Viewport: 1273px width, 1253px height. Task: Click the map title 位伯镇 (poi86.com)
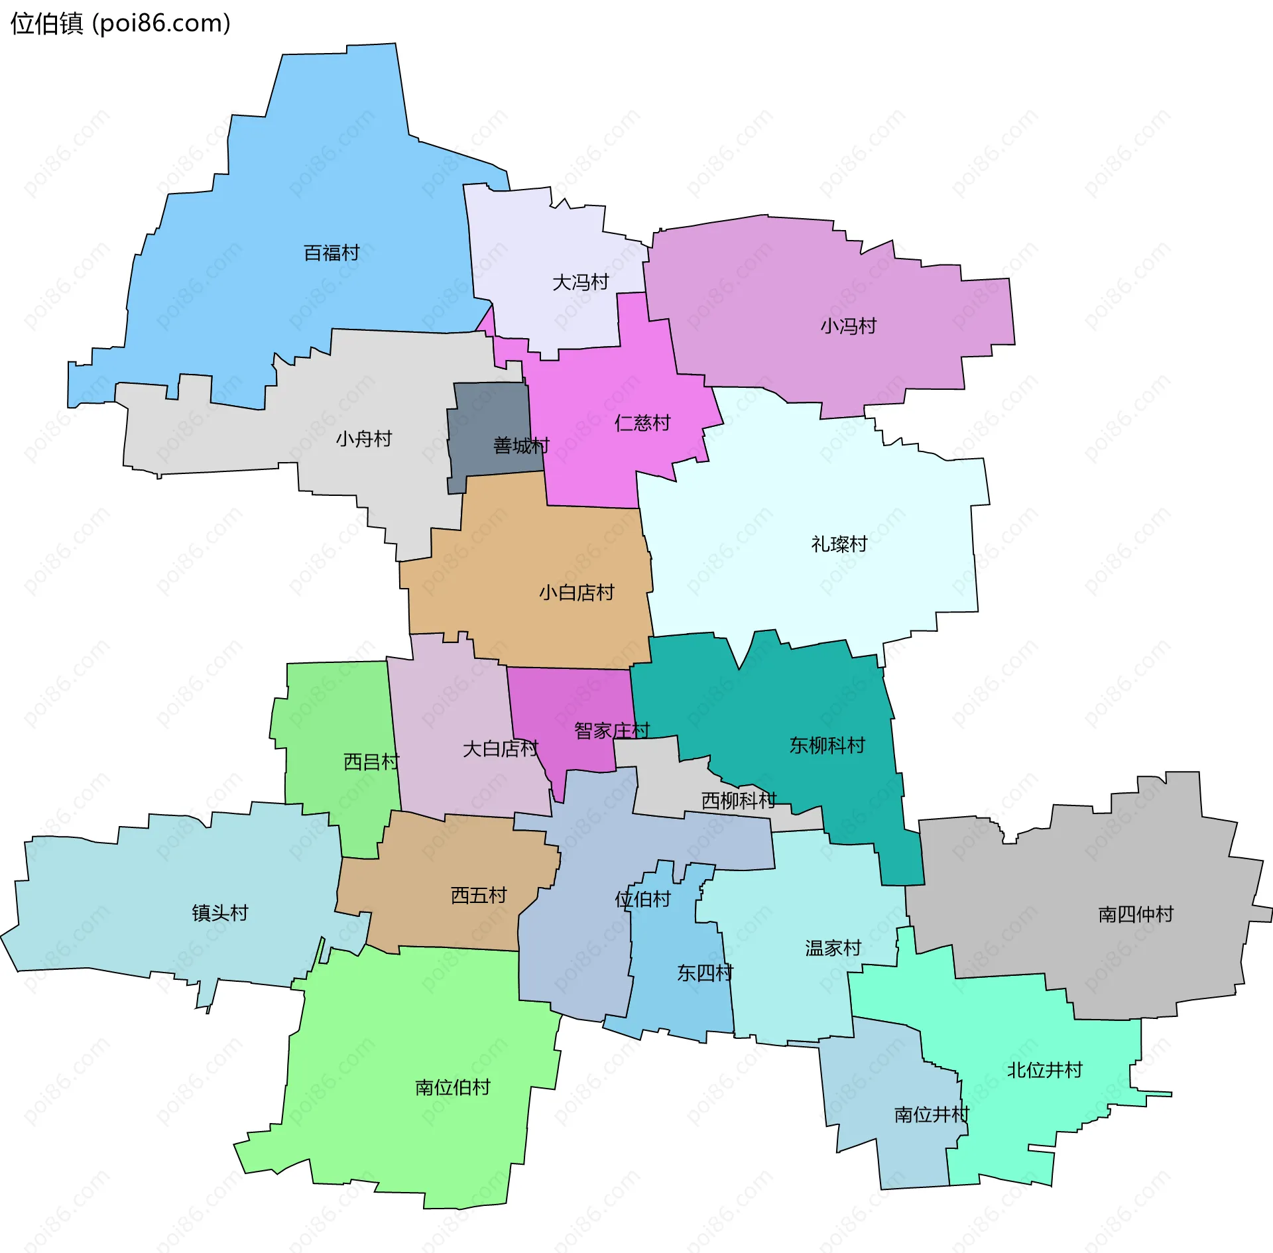point(121,24)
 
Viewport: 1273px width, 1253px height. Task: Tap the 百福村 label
point(332,253)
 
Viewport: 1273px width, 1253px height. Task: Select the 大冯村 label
point(580,282)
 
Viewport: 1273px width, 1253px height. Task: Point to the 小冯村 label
point(848,326)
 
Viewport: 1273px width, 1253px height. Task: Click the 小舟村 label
point(363,439)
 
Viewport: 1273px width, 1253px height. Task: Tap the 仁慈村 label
point(642,423)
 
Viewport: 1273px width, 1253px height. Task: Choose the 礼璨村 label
point(839,544)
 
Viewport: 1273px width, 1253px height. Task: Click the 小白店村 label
point(576,593)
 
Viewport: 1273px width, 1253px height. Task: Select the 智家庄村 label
point(611,731)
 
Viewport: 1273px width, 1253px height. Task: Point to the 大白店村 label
point(500,748)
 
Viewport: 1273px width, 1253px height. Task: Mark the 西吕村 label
point(371,762)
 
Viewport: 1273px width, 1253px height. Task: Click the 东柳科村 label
point(827,745)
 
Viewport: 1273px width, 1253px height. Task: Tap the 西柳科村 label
point(739,801)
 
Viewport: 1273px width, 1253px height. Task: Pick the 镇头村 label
point(220,913)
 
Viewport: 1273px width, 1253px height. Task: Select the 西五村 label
point(479,896)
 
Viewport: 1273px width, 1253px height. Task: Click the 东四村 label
point(705,973)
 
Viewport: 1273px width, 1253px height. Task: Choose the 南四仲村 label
point(1136,915)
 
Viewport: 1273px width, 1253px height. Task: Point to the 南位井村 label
point(932,1114)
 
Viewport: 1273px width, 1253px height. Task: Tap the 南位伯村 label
point(452,1087)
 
